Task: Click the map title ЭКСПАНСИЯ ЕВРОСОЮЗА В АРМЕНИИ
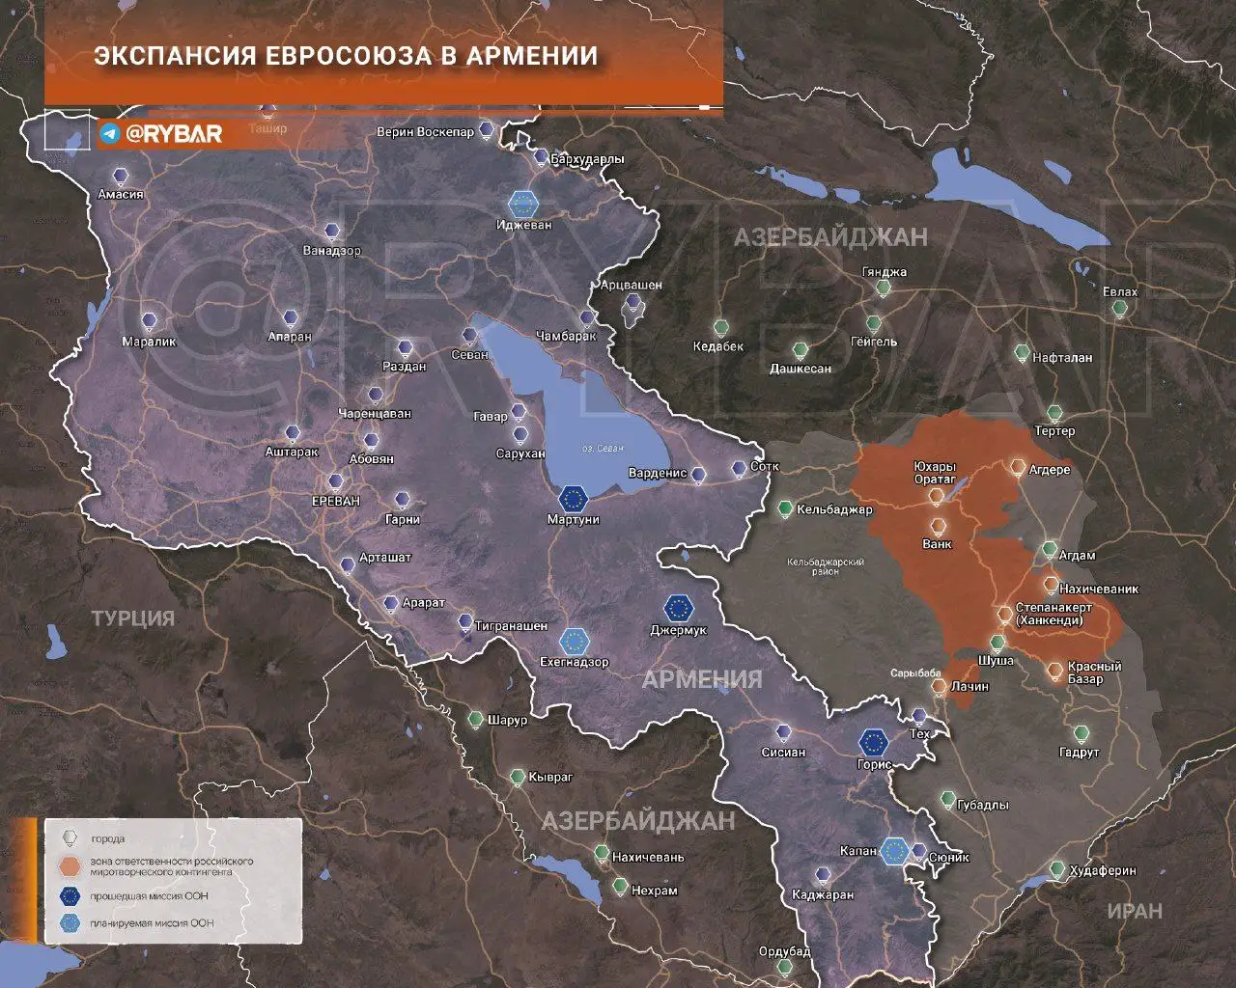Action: point(346,55)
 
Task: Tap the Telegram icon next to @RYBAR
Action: point(109,133)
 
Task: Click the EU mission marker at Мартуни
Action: point(574,498)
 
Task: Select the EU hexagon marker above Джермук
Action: point(679,608)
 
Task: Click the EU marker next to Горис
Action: point(874,741)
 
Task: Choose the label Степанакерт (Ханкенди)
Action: point(1053,615)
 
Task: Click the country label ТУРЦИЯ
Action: point(133,618)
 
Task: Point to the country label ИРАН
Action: point(1135,910)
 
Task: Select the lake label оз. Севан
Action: point(603,449)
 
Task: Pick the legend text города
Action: point(107,838)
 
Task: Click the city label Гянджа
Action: point(885,272)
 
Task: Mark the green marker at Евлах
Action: point(1119,309)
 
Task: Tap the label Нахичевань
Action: point(648,857)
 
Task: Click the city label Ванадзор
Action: point(331,251)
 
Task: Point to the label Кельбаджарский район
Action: point(826,566)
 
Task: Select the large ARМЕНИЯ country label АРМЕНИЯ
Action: point(702,679)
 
